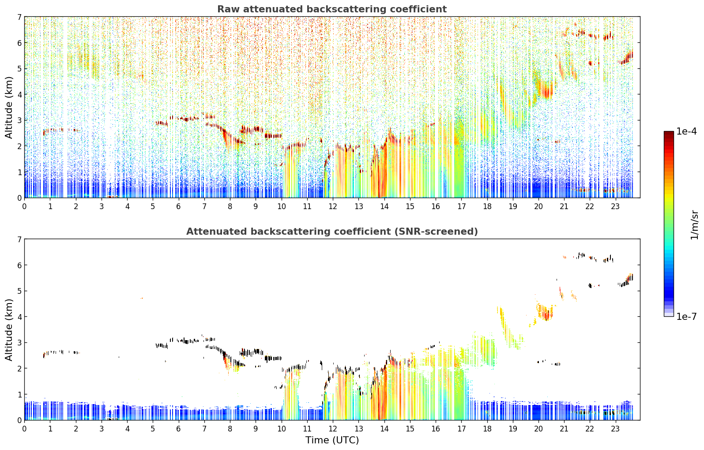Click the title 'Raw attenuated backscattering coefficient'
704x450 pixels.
click(332, 9)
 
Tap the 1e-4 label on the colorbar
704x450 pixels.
click(686, 131)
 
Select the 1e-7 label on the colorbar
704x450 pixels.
click(686, 316)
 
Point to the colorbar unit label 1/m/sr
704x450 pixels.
click(694, 225)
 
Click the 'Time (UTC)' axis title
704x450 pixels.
click(332, 440)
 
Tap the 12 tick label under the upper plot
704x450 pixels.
click(332, 206)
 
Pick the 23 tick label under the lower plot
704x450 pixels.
click(615, 429)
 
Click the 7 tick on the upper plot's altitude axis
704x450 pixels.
click(19, 17)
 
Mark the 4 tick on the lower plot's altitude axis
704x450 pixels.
click(19, 317)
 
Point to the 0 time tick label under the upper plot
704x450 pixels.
click(25, 206)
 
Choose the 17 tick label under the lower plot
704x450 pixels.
click(461, 429)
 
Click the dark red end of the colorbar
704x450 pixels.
click(669, 133)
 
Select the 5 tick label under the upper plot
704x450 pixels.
click(153, 206)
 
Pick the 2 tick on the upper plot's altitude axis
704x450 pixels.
click(19, 146)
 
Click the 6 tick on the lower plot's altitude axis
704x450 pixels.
click(19, 265)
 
